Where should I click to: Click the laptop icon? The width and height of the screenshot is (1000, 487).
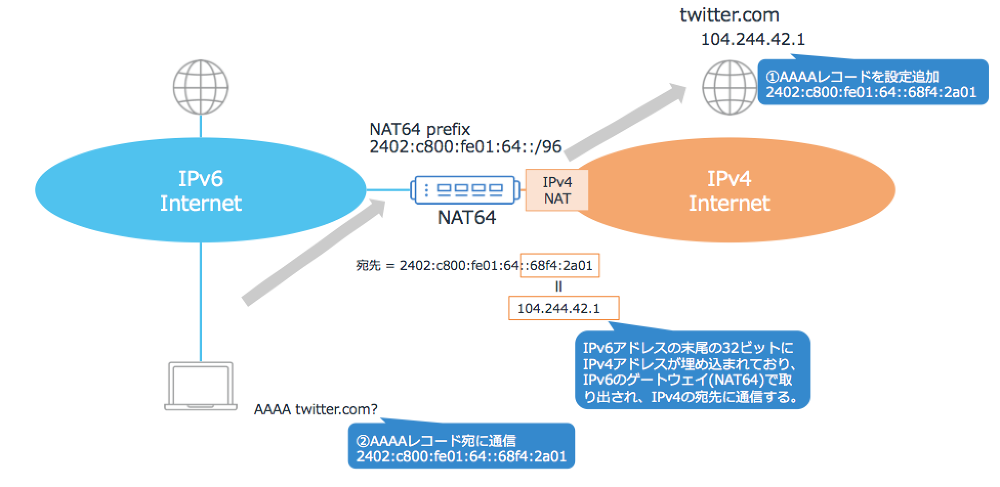(x=201, y=386)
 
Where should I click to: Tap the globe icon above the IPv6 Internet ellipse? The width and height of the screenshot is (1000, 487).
(x=200, y=87)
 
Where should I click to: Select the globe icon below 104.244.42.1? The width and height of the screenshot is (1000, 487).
(x=729, y=87)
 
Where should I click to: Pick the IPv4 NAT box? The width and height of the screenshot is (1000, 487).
(x=557, y=190)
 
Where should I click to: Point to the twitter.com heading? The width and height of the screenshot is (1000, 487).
(x=729, y=15)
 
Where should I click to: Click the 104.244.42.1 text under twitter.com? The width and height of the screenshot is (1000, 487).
(x=753, y=39)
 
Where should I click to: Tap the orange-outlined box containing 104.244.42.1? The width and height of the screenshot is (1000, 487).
(x=564, y=308)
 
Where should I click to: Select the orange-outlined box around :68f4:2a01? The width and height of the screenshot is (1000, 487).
(x=560, y=265)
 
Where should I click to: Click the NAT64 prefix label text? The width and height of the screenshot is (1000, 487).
(x=420, y=129)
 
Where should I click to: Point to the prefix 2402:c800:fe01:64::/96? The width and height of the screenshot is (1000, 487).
(x=465, y=147)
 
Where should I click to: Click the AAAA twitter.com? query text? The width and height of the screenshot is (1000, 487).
(x=316, y=409)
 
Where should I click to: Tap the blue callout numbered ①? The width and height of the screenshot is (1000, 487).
(x=872, y=83)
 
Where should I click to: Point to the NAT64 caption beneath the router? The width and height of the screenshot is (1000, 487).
(x=466, y=217)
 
